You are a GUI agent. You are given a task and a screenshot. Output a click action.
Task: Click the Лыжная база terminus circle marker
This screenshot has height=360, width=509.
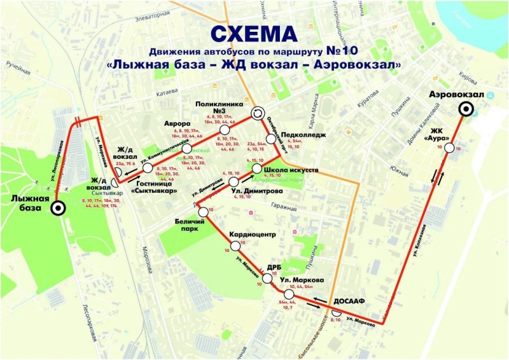(x=57, y=207)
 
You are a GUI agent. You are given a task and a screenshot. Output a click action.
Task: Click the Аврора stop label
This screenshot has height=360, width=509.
(x=178, y=123)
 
